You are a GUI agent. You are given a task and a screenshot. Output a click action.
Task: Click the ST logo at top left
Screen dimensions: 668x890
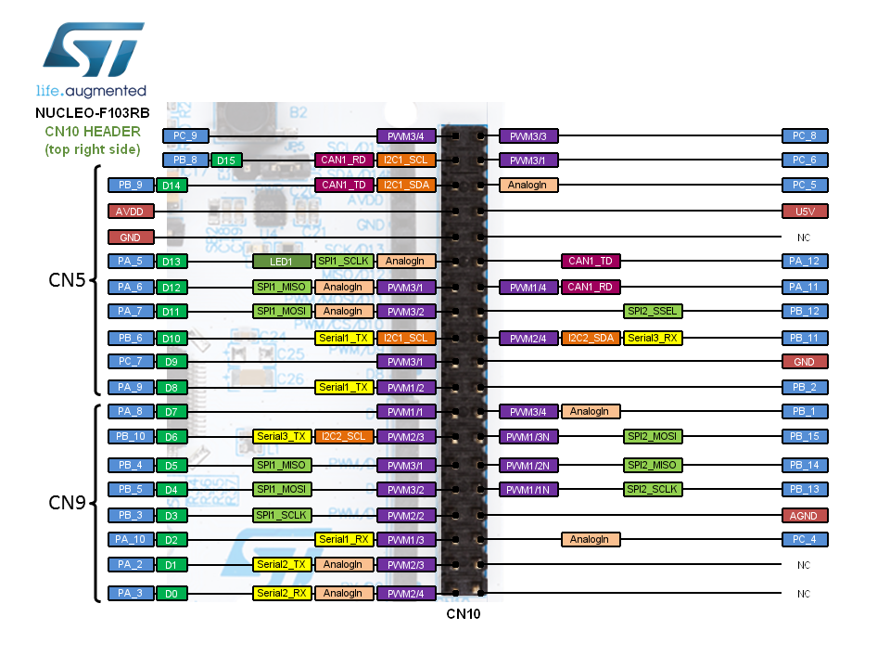coord(91,50)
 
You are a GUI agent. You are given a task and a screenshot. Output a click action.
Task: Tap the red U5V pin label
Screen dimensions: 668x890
coord(805,211)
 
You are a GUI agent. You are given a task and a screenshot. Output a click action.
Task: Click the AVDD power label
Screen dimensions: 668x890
coord(131,211)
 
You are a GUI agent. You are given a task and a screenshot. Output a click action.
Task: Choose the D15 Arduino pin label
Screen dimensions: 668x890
coord(226,161)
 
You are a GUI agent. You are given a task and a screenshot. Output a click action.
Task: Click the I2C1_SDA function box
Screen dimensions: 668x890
coord(406,186)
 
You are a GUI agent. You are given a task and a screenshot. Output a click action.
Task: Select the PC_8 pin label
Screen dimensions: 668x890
coord(805,135)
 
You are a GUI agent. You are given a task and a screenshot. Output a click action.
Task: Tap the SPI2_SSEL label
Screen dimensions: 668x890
coord(653,312)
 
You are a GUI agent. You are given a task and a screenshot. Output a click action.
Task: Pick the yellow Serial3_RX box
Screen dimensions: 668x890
coord(653,338)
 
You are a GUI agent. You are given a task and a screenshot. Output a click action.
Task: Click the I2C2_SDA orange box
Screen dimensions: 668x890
coord(591,338)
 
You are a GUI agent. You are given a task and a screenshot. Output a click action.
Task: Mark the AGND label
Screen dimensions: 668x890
coord(805,515)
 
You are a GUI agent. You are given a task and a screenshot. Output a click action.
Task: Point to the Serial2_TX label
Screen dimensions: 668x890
coord(282,564)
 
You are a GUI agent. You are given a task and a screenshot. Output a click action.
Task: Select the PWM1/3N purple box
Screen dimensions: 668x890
coord(528,436)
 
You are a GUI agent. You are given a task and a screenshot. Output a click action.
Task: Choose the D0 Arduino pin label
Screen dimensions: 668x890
coord(171,593)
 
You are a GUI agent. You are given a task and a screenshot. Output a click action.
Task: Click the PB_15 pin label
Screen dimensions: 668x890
coord(805,436)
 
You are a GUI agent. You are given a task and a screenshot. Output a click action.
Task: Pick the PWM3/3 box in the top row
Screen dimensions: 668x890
coord(528,135)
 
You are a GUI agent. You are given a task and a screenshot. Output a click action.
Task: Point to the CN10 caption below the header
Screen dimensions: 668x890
coord(464,613)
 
